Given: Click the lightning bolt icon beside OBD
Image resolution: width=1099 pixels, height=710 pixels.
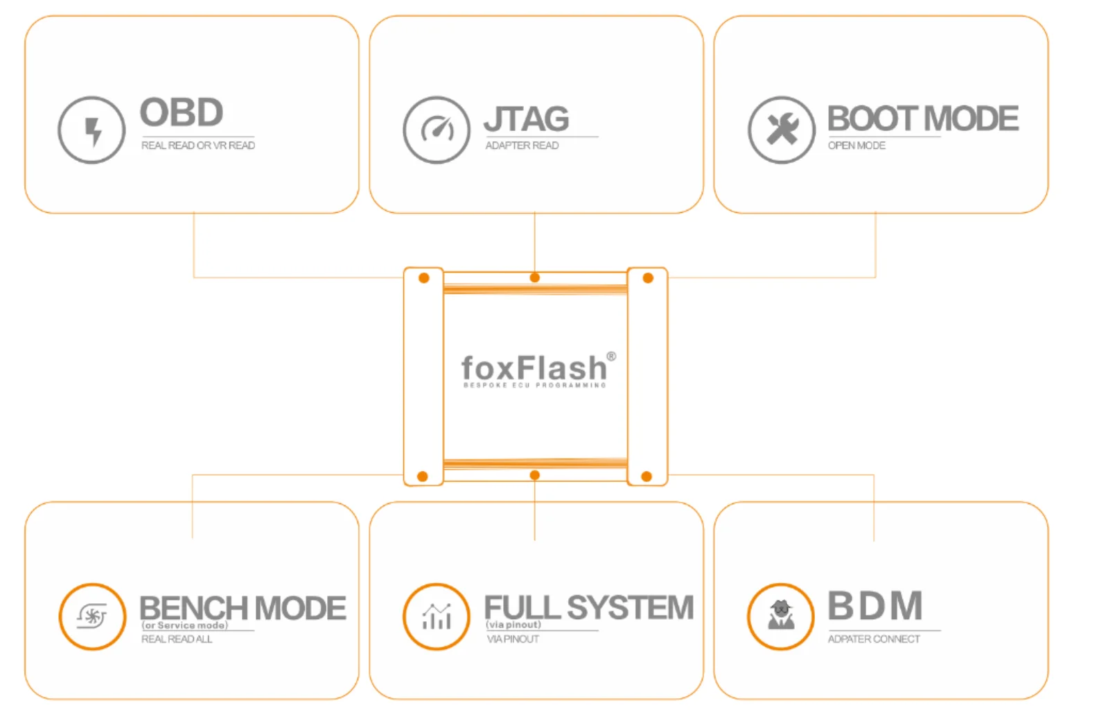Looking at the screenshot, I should pos(91,130).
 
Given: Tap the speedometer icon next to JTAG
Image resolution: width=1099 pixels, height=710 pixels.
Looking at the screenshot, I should pos(437,130).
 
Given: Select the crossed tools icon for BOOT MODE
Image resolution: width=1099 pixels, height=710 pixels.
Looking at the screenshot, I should pos(782,130).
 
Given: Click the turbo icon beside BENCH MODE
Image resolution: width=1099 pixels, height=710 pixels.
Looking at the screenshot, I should pos(92,616).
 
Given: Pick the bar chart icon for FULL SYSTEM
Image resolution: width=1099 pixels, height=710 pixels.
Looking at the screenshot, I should pos(437,616).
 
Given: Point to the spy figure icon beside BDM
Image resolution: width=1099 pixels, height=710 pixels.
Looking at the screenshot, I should pos(781,616).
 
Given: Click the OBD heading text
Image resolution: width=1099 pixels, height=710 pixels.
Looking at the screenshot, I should pos(182,113).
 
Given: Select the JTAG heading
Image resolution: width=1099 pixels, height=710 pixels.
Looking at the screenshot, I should pos(527,119).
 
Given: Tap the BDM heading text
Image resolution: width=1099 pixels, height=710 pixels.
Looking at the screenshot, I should pos(875,606).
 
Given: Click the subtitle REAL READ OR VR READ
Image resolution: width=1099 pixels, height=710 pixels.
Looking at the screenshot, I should pos(198,146).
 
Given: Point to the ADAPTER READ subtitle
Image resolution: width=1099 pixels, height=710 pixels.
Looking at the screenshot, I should pos(522,146).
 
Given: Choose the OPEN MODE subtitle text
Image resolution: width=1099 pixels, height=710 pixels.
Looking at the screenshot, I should pos(856,146).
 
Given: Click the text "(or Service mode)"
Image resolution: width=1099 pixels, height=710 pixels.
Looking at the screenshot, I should pos(185,625).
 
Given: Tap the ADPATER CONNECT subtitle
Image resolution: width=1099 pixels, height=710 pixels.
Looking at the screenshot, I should pos(874,639).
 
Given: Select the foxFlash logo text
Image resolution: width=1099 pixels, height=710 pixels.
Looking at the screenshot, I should pos(534,367).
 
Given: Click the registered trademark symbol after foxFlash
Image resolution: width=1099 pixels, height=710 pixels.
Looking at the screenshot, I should pos(611,356).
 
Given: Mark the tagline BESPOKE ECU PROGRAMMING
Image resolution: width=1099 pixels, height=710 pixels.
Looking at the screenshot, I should pos(534,385).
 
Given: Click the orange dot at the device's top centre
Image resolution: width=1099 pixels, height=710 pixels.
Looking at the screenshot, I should pos(535,278).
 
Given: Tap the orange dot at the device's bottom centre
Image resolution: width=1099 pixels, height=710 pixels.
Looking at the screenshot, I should pos(535,476).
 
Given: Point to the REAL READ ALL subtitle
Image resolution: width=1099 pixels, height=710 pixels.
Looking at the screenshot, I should pos(177,639).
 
